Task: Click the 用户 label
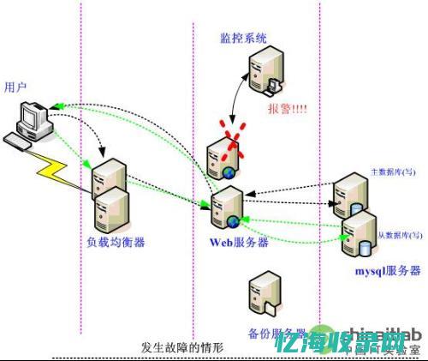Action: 16,87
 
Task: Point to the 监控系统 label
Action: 242,39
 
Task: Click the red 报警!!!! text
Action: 288,110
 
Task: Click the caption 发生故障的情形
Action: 181,347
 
